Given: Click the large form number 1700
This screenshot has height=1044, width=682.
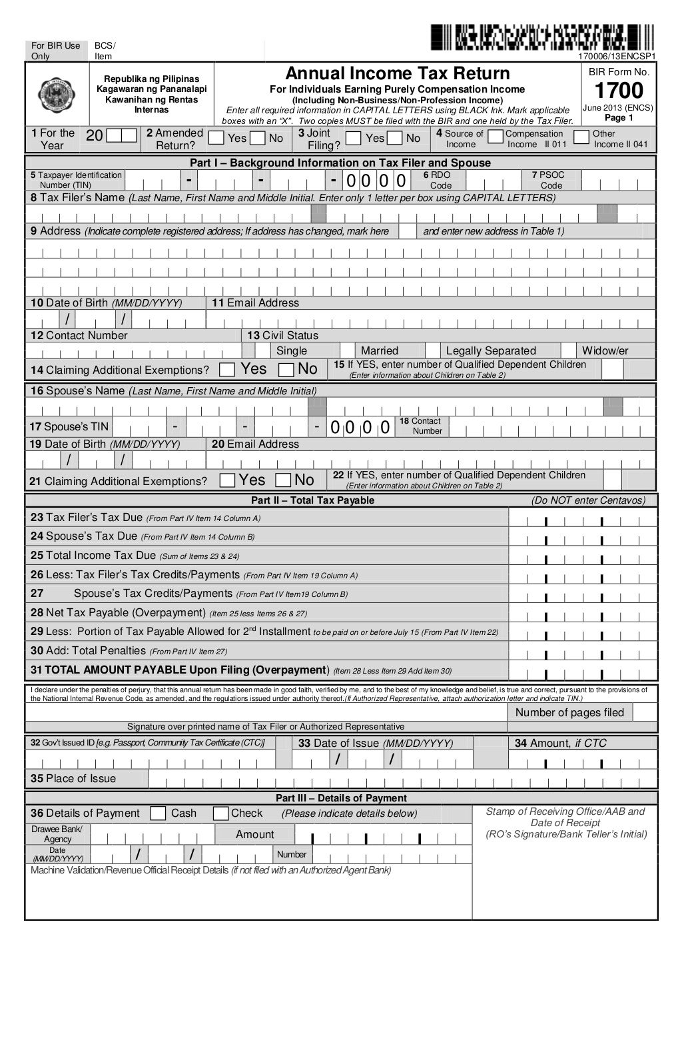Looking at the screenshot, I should [x=619, y=91].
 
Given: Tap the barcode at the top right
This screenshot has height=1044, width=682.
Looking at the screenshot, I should [x=542, y=37].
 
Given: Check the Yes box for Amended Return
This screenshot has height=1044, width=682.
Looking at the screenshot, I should [x=216, y=138].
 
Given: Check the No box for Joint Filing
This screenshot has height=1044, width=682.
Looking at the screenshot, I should [x=395, y=138].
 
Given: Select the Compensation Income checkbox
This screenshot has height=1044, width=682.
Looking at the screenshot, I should [x=495, y=137].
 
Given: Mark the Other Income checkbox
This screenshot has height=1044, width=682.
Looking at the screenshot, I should [x=581, y=137].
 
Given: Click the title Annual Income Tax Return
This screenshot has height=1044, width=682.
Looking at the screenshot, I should [x=398, y=73].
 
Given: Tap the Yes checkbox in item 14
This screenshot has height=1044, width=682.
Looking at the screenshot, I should [x=227, y=369].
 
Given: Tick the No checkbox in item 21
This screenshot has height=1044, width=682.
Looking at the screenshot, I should [x=283, y=480].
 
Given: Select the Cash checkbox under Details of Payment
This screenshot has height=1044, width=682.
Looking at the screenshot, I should [x=158, y=813].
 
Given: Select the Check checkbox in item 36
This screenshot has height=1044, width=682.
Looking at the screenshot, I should [x=221, y=813].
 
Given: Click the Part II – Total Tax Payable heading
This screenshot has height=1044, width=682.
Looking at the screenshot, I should [x=312, y=500].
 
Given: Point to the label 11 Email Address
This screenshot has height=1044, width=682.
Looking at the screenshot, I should [x=255, y=303].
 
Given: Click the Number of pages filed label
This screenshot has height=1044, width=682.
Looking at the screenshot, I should [x=569, y=712].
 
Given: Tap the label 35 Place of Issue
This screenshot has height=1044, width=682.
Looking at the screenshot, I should [x=73, y=779].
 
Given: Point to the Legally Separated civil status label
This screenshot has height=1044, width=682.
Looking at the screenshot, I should [x=491, y=351].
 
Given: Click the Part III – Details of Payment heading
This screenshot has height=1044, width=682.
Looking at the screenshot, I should [x=341, y=798].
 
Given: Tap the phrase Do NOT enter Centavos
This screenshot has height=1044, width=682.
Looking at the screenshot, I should [x=588, y=500].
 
